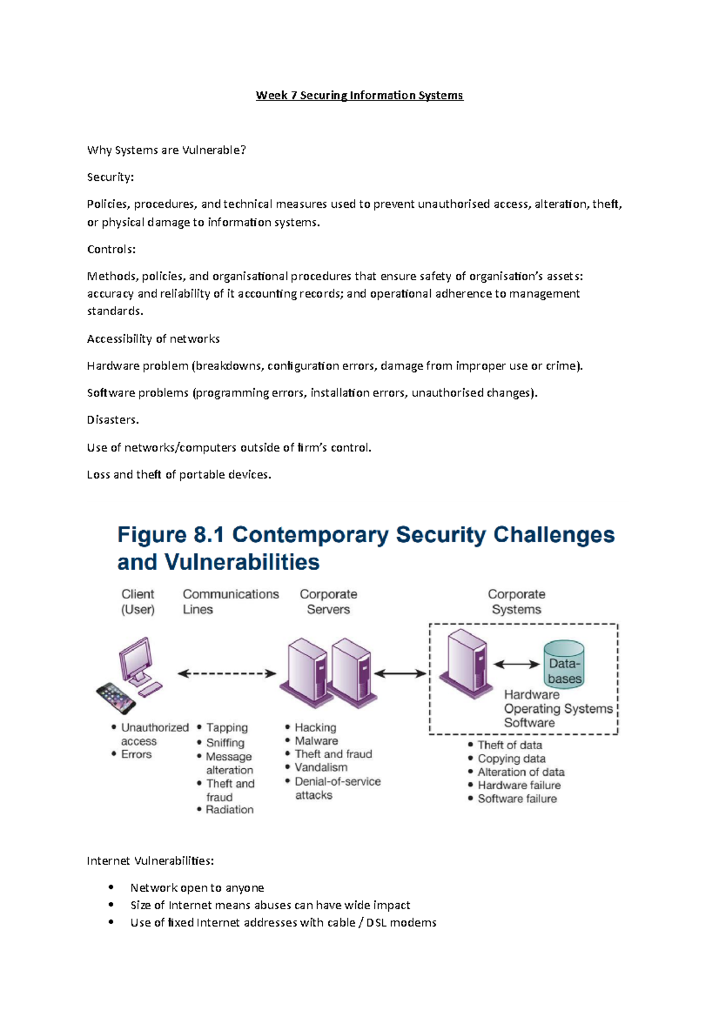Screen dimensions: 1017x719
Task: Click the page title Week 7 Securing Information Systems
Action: click(359, 95)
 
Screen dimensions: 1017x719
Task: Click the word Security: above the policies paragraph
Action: click(110, 177)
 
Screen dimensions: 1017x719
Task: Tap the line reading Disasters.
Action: click(113, 420)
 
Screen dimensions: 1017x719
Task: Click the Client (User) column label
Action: click(138, 601)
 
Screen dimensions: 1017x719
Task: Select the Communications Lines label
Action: click(230, 601)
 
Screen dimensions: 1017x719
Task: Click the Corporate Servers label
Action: click(328, 601)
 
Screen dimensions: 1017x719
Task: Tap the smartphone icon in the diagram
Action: click(116, 698)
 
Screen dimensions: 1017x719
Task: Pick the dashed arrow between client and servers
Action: click(227, 674)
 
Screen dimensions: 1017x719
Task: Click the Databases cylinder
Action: click(564, 664)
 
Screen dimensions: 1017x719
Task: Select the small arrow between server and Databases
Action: click(516, 664)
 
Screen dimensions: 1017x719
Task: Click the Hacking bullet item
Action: click(315, 727)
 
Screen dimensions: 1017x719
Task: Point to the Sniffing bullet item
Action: click(225, 743)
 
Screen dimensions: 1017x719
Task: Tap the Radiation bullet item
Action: click(229, 810)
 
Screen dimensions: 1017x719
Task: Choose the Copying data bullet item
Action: click(511, 759)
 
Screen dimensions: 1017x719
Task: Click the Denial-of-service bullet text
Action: click(337, 782)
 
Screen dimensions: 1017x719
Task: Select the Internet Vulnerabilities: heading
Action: click(150, 861)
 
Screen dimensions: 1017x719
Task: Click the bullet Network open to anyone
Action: click(197, 888)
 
